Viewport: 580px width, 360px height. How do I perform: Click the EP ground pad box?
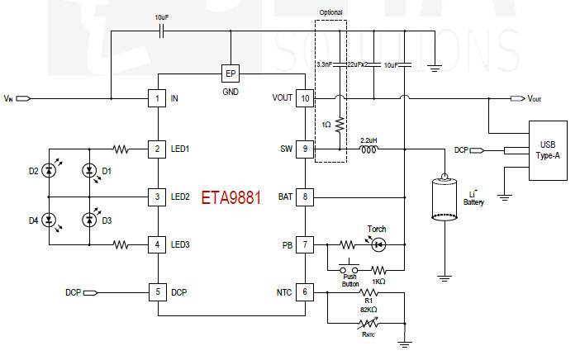click(x=231, y=73)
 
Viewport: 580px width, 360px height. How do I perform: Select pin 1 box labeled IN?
click(x=157, y=99)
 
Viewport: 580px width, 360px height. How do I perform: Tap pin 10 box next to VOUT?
click(x=305, y=99)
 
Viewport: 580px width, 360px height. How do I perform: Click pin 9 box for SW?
click(x=305, y=149)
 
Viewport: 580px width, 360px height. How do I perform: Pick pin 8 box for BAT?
click(x=305, y=197)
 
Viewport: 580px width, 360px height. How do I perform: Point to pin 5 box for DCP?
click(x=157, y=292)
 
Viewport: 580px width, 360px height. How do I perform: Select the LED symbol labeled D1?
click(x=89, y=171)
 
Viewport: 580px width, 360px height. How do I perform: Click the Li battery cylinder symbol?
click(x=444, y=197)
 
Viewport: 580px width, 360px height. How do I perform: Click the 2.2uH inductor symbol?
click(x=369, y=149)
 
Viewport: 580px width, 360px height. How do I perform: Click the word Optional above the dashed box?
click(x=332, y=12)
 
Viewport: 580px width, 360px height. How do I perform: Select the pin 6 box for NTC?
click(x=305, y=292)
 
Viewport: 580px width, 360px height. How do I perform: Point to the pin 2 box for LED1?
click(x=157, y=149)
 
